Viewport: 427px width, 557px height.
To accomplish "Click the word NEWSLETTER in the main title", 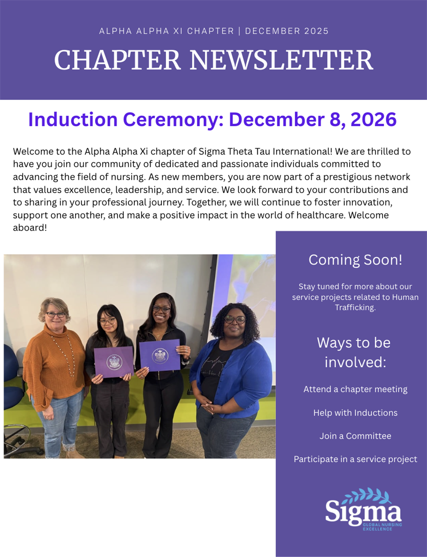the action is point(281,60).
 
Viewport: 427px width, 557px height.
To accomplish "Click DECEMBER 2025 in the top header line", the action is point(287,31).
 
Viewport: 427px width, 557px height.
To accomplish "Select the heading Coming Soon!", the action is point(355,259).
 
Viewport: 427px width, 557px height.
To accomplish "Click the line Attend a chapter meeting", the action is point(355,389).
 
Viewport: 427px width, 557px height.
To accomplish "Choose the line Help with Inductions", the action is point(355,413).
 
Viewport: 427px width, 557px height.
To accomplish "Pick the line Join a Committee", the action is point(355,436).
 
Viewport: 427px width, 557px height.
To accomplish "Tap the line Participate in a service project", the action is point(355,459).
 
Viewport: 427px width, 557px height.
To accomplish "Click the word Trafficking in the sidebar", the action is point(355,307).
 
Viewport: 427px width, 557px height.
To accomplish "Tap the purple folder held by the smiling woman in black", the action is point(160,355).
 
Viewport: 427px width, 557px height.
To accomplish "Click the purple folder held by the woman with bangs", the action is point(114,362).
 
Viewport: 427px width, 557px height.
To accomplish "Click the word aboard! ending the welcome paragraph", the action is point(30,227).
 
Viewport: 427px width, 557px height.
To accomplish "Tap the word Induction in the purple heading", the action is point(73,119).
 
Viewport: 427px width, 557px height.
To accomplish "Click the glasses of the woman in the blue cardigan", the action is point(235,319).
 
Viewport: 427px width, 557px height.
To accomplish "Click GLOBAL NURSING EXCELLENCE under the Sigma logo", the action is point(382,527).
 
